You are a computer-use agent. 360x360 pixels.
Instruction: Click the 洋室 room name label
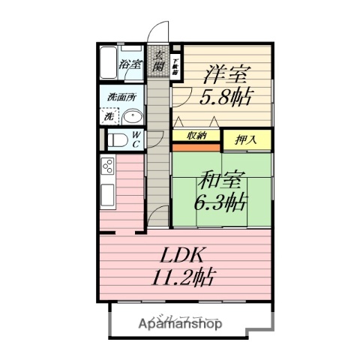coord(225,75)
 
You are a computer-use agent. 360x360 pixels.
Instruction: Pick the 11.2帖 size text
coord(184,277)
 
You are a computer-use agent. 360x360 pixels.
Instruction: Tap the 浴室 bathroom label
coord(130,64)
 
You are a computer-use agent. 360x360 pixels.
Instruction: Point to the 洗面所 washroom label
coord(121,97)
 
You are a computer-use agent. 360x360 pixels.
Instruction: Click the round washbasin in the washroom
coord(133,118)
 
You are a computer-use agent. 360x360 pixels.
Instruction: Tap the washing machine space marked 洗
coord(109,117)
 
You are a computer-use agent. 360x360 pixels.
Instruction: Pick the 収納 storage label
coord(196,135)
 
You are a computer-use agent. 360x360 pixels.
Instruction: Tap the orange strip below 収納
coord(196,146)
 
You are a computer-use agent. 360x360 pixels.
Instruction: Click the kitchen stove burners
coord(107,166)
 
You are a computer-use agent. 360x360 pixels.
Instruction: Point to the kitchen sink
coord(106,196)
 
